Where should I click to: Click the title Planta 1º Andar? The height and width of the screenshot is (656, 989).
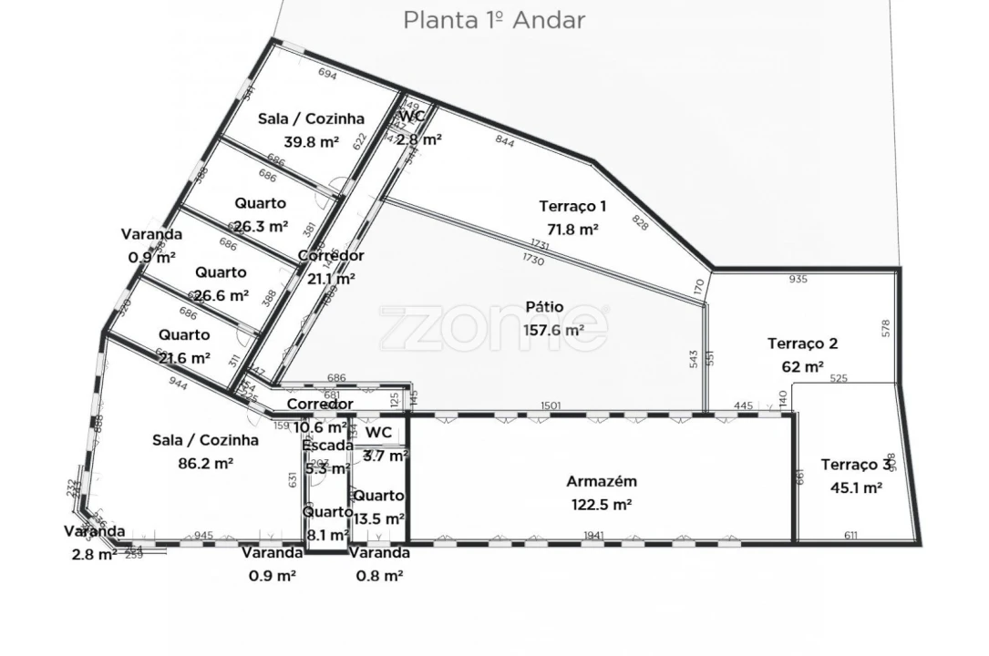click(x=494, y=20)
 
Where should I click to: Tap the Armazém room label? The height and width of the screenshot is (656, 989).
click(x=601, y=482)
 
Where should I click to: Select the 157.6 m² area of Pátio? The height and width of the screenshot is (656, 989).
click(x=553, y=330)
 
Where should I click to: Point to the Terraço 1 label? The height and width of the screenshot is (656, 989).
click(x=572, y=207)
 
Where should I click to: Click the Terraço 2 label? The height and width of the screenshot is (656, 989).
click(x=802, y=343)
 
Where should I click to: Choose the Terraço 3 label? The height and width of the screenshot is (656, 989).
click(x=855, y=465)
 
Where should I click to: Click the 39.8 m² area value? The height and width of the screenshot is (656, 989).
click(x=311, y=141)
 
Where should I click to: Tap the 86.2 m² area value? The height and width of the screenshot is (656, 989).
click(x=205, y=463)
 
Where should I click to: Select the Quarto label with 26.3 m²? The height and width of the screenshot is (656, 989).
click(x=260, y=203)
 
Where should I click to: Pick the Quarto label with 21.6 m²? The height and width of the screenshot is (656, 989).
click(x=183, y=335)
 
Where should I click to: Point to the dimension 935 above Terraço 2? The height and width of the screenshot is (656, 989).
click(x=798, y=280)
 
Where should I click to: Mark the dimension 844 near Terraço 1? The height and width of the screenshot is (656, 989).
click(x=504, y=140)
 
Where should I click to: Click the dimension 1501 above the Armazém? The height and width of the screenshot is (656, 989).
click(x=551, y=406)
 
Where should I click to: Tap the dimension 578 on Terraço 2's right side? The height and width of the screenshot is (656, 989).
click(x=885, y=329)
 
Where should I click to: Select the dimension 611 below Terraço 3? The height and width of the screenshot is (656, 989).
click(x=850, y=536)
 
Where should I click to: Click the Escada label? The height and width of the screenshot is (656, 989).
click(x=327, y=446)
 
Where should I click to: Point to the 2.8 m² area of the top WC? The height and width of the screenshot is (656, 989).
click(x=419, y=139)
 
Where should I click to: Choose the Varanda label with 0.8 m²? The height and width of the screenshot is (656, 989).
click(x=379, y=552)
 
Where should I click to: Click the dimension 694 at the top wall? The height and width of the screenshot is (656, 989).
click(x=327, y=75)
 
